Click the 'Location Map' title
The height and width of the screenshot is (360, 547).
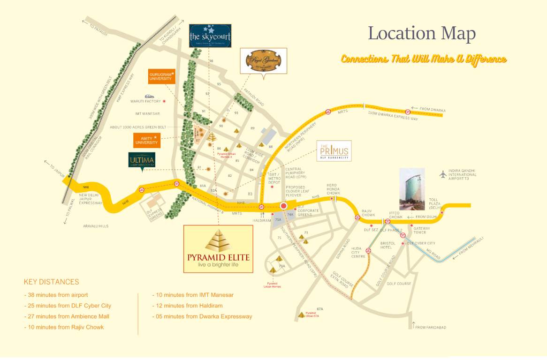(421, 33)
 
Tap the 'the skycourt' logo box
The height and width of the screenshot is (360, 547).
(210, 36)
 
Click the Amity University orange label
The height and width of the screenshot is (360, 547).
(147, 140)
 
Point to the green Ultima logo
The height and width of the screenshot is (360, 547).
(142, 162)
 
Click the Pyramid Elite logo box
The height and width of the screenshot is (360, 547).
(218, 249)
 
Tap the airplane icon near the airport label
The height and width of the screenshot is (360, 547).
(443, 174)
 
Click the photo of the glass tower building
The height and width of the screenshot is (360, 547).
(412, 189)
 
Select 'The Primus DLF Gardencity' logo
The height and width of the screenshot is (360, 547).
(334, 151)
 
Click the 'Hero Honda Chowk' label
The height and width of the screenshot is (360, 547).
(333, 189)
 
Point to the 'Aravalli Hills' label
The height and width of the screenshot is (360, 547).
(96, 226)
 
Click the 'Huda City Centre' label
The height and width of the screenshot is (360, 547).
(358, 253)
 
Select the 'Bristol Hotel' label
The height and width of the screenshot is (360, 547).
(388, 246)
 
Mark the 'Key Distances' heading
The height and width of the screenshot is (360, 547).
(52, 282)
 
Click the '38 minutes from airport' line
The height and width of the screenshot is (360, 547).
(56, 295)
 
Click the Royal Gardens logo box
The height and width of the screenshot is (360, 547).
(263, 61)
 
